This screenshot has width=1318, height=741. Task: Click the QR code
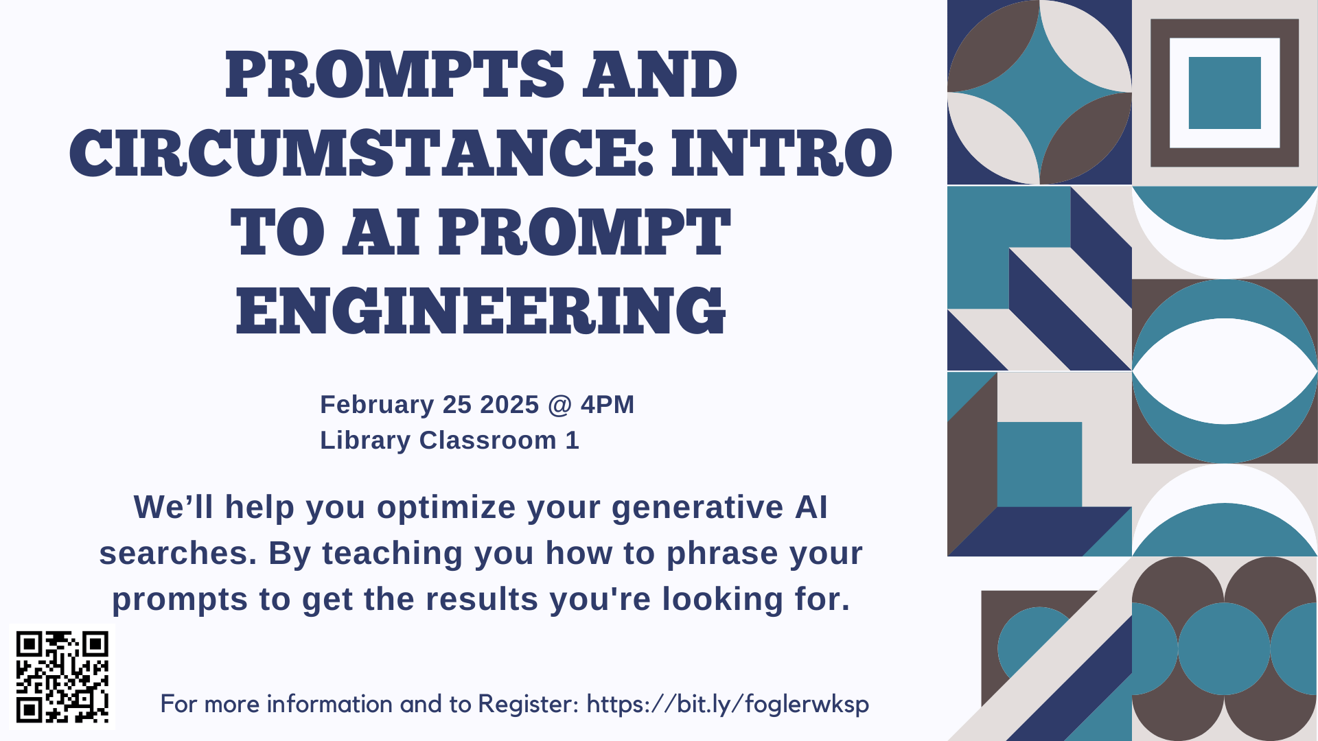pos(62,677)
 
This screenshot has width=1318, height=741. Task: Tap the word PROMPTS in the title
pos(395,74)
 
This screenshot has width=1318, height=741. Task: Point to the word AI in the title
pos(382,232)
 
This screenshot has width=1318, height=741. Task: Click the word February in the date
pos(377,405)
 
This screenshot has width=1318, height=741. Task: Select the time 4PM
pos(608,405)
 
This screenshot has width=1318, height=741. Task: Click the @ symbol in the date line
pos(560,405)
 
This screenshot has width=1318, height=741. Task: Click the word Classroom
pos(488,440)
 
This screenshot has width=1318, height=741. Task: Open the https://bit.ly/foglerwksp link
pos(728,705)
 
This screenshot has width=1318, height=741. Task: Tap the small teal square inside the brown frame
pos(1225,93)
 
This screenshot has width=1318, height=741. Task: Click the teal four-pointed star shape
pos(1039,92)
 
